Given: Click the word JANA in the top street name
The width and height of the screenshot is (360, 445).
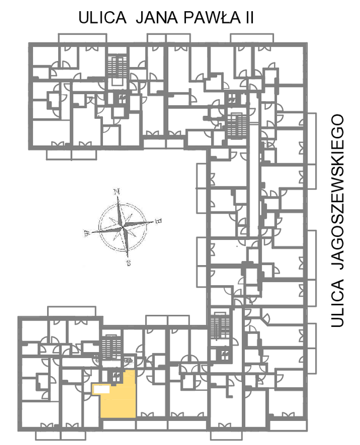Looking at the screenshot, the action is pyautogui.click(x=157, y=18).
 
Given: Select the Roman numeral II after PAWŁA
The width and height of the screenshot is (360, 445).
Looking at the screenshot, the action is pyautogui.click(x=248, y=18).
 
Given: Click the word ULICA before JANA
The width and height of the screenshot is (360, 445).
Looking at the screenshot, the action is pyautogui.click(x=102, y=18).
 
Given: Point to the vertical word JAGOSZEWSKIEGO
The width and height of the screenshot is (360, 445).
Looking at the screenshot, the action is pyautogui.click(x=337, y=192).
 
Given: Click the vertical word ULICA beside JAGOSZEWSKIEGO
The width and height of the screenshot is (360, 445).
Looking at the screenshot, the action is pyautogui.click(x=337, y=303).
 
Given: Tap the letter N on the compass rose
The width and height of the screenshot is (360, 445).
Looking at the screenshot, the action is pyautogui.click(x=116, y=192).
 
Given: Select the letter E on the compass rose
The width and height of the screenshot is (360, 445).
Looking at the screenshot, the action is pyautogui.click(x=159, y=220).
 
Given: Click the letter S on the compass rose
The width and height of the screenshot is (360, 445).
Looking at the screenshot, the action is pyautogui.click(x=129, y=263).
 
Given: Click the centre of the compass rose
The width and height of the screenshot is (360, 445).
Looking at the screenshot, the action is pyautogui.click(x=123, y=227).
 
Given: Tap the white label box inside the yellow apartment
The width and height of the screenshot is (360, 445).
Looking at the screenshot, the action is pyautogui.click(x=101, y=389).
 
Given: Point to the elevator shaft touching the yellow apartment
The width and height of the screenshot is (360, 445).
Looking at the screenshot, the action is pyautogui.click(x=115, y=377).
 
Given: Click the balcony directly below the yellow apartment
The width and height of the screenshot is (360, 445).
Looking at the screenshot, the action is pyautogui.click(x=119, y=425).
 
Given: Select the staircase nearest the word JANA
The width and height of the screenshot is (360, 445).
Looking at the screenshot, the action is pyautogui.click(x=117, y=66).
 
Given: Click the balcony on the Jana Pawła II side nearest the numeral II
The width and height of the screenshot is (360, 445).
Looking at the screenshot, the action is pyautogui.click(x=252, y=38).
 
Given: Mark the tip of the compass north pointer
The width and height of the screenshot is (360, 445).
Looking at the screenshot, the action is pyautogui.click(x=118, y=196).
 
